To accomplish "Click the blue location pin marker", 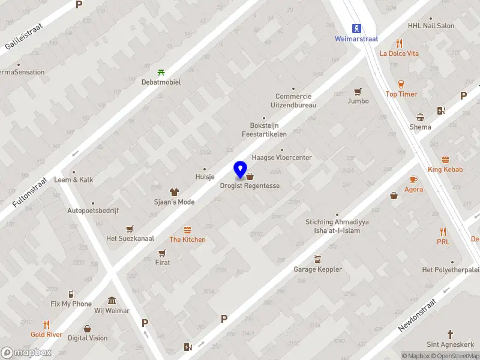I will [241, 170].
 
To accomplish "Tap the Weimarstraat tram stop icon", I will [357, 28].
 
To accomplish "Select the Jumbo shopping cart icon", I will [358, 92].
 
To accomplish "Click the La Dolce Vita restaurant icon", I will [399, 43].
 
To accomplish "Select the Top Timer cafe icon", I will [401, 84].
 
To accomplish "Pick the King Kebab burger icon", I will [445, 160].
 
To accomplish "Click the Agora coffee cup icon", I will [413, 179].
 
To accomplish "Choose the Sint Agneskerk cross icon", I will [450, 334].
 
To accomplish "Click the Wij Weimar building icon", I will [112, 301].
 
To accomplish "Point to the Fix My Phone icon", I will [71, 294].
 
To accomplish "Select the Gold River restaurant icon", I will [46, 325].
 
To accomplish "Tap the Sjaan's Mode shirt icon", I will [174, 192].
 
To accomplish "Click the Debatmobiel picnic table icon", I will [161, 72].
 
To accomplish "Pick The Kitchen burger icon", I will [187, 230].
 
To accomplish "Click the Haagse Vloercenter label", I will [282, 157].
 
